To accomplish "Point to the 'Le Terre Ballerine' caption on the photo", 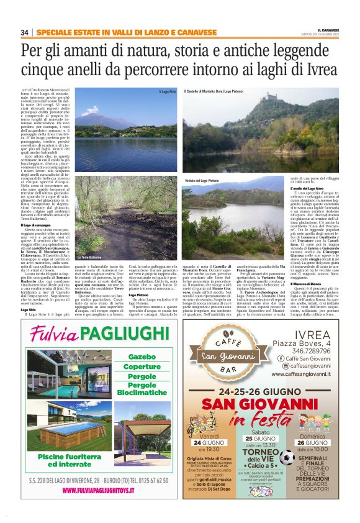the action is point(89,257).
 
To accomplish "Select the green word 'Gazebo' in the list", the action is point(142,357).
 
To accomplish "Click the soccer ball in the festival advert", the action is point(287,458).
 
